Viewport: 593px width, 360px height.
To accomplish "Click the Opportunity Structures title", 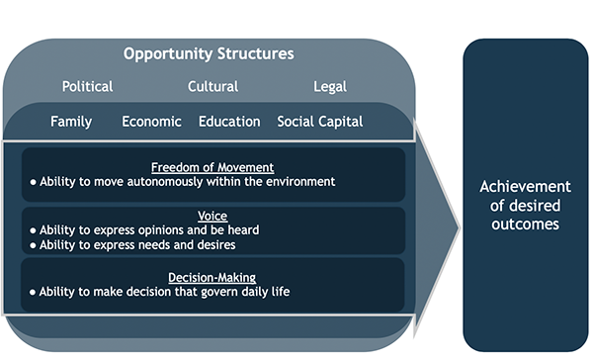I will (209, 53).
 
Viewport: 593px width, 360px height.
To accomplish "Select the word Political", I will (88, 87).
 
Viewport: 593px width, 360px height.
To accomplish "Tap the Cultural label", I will (213, 87).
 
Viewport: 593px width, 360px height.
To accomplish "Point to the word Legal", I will (329, 87).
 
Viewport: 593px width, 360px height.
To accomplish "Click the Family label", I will (71, 122).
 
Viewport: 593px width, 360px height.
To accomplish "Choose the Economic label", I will (151, 122).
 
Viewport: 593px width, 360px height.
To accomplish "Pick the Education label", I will (229, 122).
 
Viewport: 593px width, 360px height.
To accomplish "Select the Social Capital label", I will (320, 122).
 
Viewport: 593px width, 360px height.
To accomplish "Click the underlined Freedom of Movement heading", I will (212, 166).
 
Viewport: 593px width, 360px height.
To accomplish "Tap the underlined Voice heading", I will (212, 216).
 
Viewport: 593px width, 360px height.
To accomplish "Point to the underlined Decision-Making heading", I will (212, 277).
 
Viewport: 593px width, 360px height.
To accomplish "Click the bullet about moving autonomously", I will (183, 182).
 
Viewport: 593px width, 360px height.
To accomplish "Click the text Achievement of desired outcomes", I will (525, 205).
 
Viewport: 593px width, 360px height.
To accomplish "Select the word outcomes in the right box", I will (525, 225).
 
